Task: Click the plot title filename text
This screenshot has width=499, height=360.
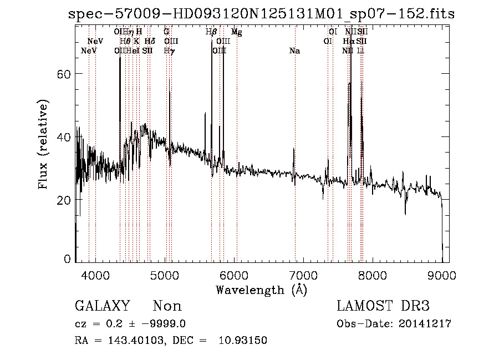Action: click(261, 14)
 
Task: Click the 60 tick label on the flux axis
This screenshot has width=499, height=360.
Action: click(65, 74)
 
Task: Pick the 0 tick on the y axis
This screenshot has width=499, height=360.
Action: click(68, 259)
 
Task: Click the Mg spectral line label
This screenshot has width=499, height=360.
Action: click(237, 32)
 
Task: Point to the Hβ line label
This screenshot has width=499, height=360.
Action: click(211, 32)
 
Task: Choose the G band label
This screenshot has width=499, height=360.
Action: click(166, 32)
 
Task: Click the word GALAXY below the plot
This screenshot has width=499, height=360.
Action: click(103, 306)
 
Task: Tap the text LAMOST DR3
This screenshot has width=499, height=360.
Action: click(383, 306)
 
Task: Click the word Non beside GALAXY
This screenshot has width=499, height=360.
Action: click(167, 306)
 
